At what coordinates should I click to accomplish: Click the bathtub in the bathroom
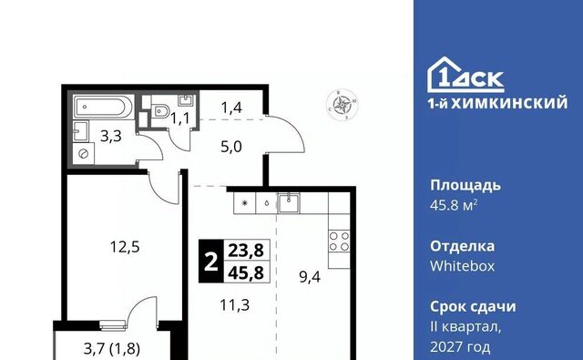click(x=104, y=107)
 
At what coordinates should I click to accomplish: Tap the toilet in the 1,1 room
click(x=160, y=110)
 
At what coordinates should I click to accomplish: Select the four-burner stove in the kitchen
click(x=339, y=241)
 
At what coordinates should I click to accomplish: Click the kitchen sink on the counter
click(x=289, y=203)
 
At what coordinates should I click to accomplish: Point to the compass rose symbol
click(x=343, y=105)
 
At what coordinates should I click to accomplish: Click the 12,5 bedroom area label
click(x=125, y=247)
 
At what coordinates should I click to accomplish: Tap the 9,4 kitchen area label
click(x=310, y=277)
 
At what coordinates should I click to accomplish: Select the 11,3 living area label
click(x=235, y=305)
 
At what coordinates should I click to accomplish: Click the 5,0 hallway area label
click(x=230, y=147)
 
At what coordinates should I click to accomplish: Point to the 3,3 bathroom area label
click(x=111, y=136)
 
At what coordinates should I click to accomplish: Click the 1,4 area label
click(x=231, y=108)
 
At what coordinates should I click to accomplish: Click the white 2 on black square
click(x=210, y=261)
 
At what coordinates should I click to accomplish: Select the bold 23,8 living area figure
click(x=246, y=251)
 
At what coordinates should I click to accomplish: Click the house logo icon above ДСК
click(x=444, y=74)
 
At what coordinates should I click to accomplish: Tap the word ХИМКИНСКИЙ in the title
click(x=509, y=103)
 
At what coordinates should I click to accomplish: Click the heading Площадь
click(x=465, y=186)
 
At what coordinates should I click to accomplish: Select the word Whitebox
click(x=462, y=266)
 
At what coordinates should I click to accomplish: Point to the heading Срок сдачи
click(x=473, y=307)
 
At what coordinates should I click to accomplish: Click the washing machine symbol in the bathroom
click(x=83, y=154)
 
